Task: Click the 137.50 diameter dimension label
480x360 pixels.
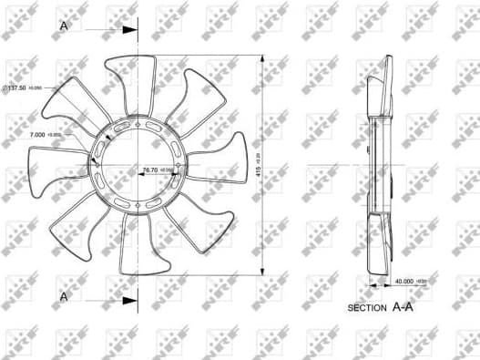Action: point(23,87)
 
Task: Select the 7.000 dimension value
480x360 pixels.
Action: point(40,135)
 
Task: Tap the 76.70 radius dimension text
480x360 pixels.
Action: point(150,170)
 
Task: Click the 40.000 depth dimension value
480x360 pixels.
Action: point(407,282)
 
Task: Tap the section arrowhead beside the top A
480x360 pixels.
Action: point(128,30)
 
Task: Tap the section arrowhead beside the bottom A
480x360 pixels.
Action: point(128,299)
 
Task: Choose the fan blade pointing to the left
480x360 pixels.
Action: point(46,173)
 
